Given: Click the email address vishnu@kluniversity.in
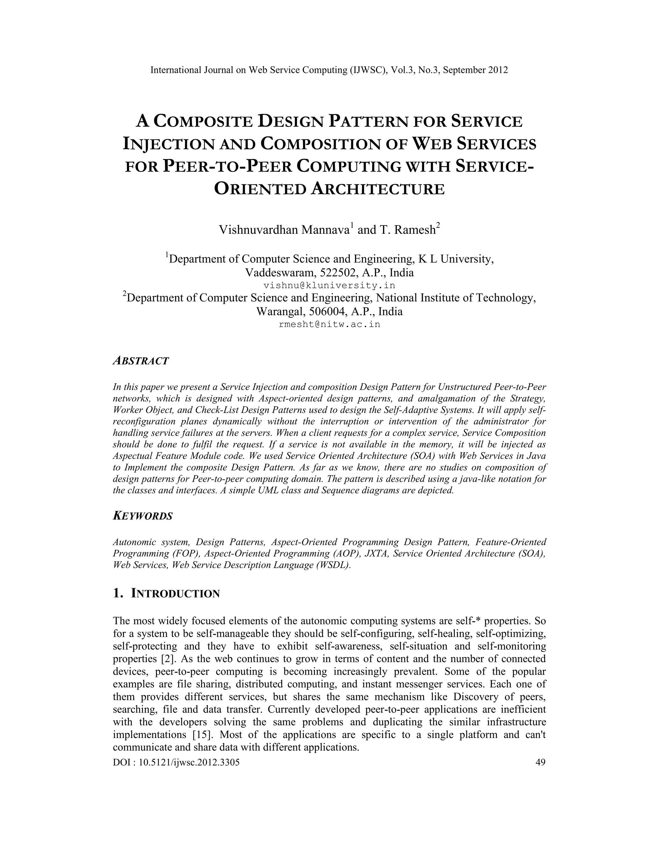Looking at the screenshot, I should [x=329, y=286].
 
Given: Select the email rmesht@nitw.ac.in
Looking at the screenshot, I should [x=329, y=324].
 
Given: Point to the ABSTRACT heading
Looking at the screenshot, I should [x=141, y=361].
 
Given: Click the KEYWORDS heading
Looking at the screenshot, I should [x=143, y=516].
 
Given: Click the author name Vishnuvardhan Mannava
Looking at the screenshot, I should [x=284, y=230].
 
